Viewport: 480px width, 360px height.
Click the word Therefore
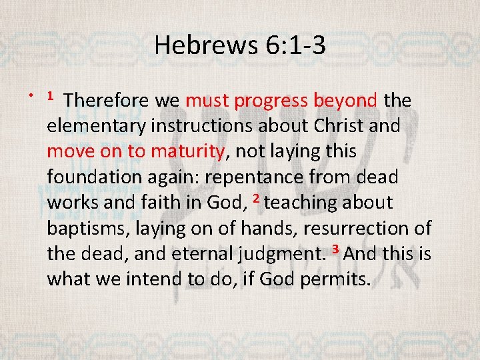(x=108, y=101)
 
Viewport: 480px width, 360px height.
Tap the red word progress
(x=271, y=101)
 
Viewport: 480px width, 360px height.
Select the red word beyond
(x=347, y=101)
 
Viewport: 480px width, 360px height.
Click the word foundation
(x=92, y=177)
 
